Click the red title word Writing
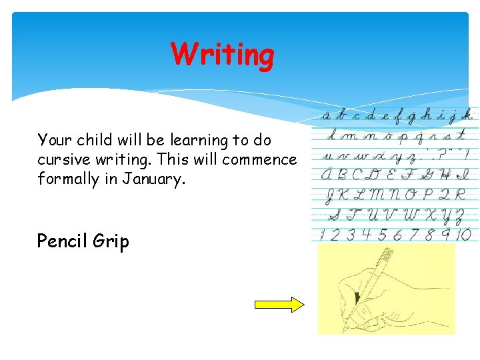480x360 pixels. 222,55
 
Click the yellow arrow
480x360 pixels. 279,305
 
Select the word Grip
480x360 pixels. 113,241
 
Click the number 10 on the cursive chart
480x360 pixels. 464,234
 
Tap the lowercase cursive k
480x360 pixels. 469,115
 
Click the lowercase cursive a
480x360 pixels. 326,116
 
